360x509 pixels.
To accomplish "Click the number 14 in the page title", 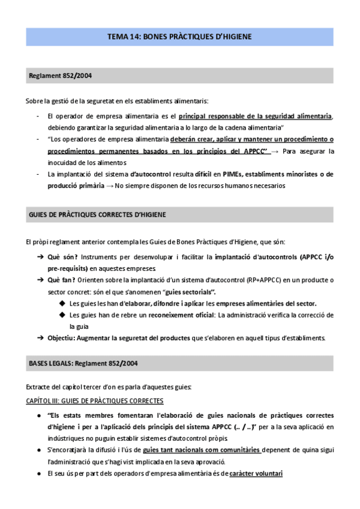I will click(x=132, y=37).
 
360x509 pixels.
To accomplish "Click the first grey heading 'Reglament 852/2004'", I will click(x=60, y=76).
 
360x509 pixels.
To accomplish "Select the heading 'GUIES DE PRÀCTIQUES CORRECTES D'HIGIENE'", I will click(x=98, y=214).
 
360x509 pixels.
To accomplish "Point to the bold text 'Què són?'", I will click(x=62, y=257).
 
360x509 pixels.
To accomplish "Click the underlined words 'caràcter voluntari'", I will click(x=256, y=473).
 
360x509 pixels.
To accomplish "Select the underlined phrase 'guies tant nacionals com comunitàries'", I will click(x=202, y=450).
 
